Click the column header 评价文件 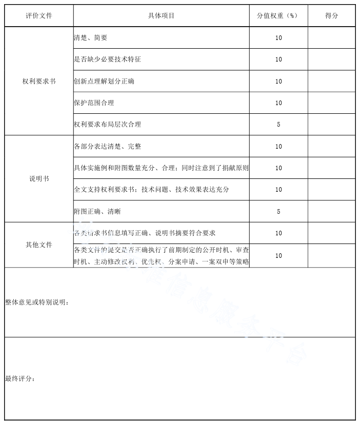click(x=39, y=16)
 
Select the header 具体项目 click(x=161, y=16)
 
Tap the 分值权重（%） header click(x=278, y=16)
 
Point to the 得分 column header click(x=331, y=16)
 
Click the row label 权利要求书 click(x=39, y=82)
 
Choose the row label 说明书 click(x=39, y=179)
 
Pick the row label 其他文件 click(x=39, y=245)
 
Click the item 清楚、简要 click(x=91, y=38)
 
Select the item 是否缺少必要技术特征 click(x=107, y=59)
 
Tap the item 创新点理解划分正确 click(x=104, y=82)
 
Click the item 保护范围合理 click(x=94, y=103)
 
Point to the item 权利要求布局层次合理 click(x=107, y=125)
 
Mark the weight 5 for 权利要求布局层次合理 click(x=278, y=125)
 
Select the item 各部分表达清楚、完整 click(x=107, y=147)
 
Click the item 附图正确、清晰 click(x=97, y=211)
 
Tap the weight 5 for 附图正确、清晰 click(x=278, y=211)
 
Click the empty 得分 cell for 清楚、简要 click(x=331, y=38)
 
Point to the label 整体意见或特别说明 click(x=37, y=302)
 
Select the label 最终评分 click(x=21, y=379)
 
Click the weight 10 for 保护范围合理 click(x=278, y=103)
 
